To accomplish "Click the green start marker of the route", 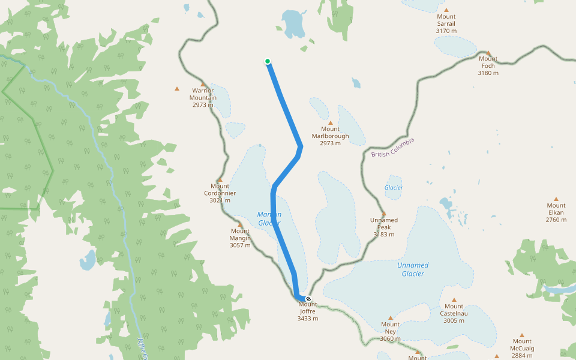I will [268, 61].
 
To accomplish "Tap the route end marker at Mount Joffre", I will [308, 299].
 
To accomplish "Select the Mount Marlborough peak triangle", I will [330, 122].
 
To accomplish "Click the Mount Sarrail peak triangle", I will [446, 10].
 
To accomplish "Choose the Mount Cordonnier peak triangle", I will [220, 179].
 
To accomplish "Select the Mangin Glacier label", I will [269, 218].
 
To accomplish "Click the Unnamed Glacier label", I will [413, 269].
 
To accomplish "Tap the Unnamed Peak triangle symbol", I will [384, 213].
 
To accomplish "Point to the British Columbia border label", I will [392, 148].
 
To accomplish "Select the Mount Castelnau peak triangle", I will [454, 299].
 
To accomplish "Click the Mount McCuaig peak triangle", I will [522, 335].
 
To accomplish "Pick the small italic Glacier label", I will [394, 188].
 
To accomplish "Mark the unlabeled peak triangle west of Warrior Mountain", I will [176, 89].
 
